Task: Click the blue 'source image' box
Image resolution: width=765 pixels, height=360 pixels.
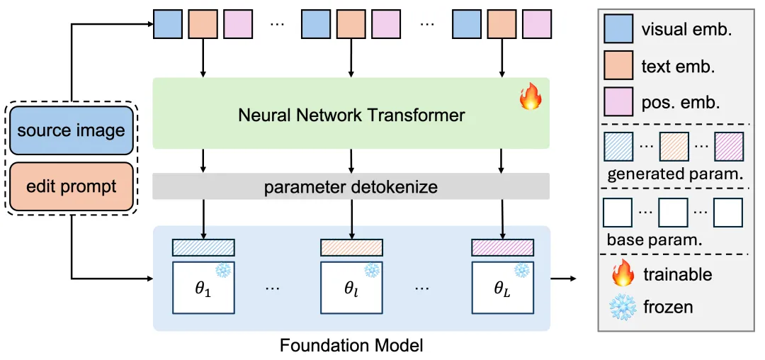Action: pos(71,130)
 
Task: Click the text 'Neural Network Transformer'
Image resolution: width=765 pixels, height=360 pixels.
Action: pos(351,114)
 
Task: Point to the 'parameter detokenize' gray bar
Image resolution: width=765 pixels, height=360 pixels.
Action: pos(351,187)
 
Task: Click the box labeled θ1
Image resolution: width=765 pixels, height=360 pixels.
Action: pos(204,287)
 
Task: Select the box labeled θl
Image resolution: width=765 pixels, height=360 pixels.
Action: pos(351,287)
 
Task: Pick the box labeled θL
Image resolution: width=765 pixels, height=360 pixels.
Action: pos(502,287)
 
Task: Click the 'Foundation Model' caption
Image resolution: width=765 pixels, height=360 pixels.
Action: pos(351,346)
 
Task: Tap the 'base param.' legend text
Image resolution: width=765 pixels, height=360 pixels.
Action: pos(654,239)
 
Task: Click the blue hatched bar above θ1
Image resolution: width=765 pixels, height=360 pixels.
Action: pos(204,247)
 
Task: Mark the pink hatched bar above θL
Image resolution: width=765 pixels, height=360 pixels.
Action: pos(502,247)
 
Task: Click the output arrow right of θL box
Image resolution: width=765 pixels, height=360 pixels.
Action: pos(564,279)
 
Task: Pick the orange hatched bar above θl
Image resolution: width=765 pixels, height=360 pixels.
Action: pos(351,247)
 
